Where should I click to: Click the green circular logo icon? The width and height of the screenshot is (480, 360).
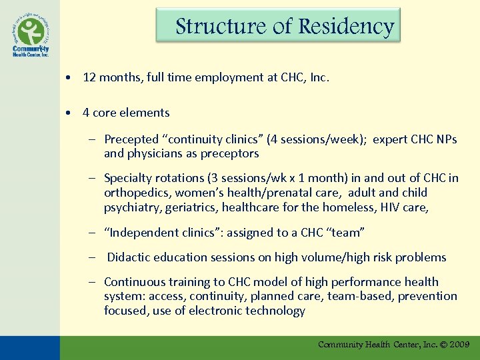29,31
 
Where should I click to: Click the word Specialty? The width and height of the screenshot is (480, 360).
129,178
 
